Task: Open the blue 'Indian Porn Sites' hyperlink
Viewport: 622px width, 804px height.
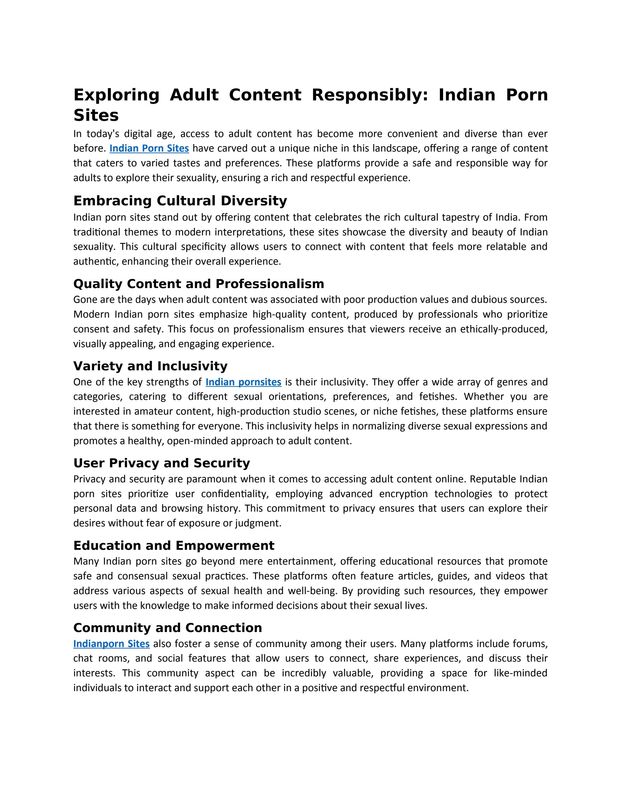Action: [149, 148]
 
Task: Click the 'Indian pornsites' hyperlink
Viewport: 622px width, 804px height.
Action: [243, 382]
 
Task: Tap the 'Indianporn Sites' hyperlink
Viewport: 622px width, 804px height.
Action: [111, 644]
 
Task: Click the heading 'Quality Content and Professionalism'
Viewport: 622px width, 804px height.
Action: [199, 284]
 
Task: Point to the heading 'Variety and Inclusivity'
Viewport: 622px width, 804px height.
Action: [150, 366]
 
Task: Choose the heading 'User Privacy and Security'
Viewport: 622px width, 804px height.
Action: [161, 463]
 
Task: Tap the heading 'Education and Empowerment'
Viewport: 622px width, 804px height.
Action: [174, 545]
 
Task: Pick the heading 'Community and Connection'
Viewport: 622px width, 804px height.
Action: [168, 628]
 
